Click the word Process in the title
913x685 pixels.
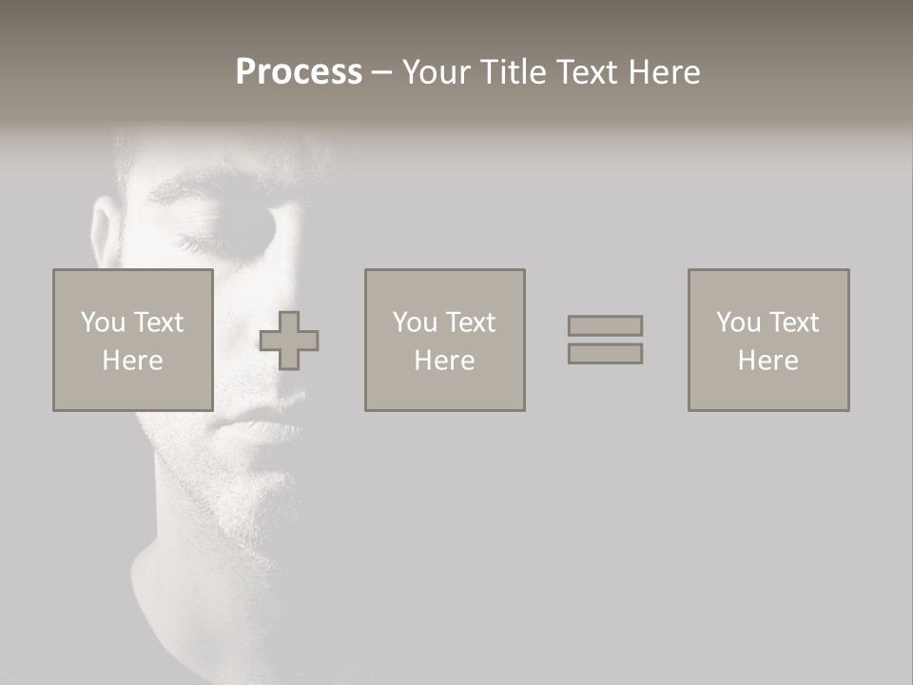pyautogui.click(x=299, y=72)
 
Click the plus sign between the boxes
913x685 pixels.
pyautogui.click(x=289, y=341)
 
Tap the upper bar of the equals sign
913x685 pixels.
pyautogui.click(x=605, y=325)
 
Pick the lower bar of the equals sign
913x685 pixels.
pyautogui.click(x=605, y=353)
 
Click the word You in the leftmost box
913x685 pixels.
pyautogui.click(x=103, y=323)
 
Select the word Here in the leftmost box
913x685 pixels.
pyautogui.click(x=132, y=361)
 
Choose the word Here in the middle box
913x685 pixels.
pyautogui.click(x=444, y=361)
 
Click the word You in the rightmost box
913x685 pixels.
pyautogui.click(x=738, y=323)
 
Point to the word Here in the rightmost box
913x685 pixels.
pyautogui.click(x=767, y=361)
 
